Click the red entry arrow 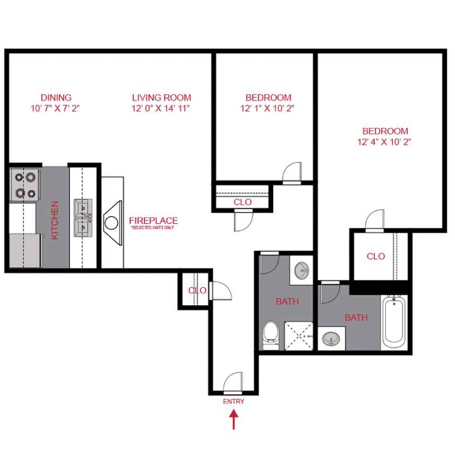234,419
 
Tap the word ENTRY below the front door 234,401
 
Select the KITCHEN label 55,220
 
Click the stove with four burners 25,185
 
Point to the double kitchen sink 83,218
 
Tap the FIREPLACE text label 153,221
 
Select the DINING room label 56,98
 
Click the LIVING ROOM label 161,98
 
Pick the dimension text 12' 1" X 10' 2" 268,108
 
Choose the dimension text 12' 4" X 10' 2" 384,142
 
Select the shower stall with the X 299,336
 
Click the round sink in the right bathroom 332,337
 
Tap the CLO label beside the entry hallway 197,291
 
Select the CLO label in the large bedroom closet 376,256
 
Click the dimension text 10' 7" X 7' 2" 56,108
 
